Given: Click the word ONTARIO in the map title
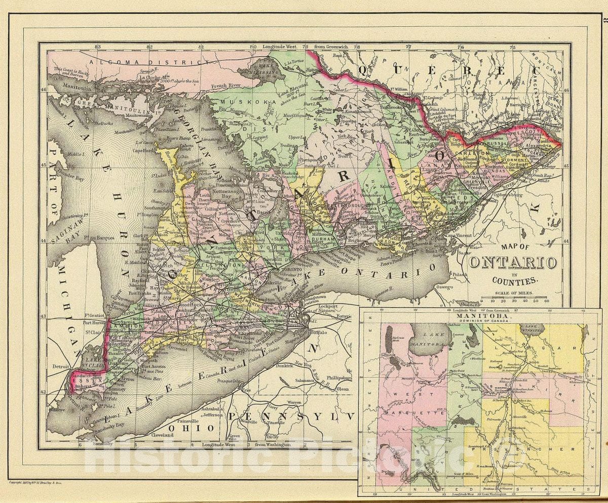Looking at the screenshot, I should click(512, 263).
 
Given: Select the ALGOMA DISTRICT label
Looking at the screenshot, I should click(146, 62).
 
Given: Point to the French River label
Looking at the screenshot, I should click(226, 86).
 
